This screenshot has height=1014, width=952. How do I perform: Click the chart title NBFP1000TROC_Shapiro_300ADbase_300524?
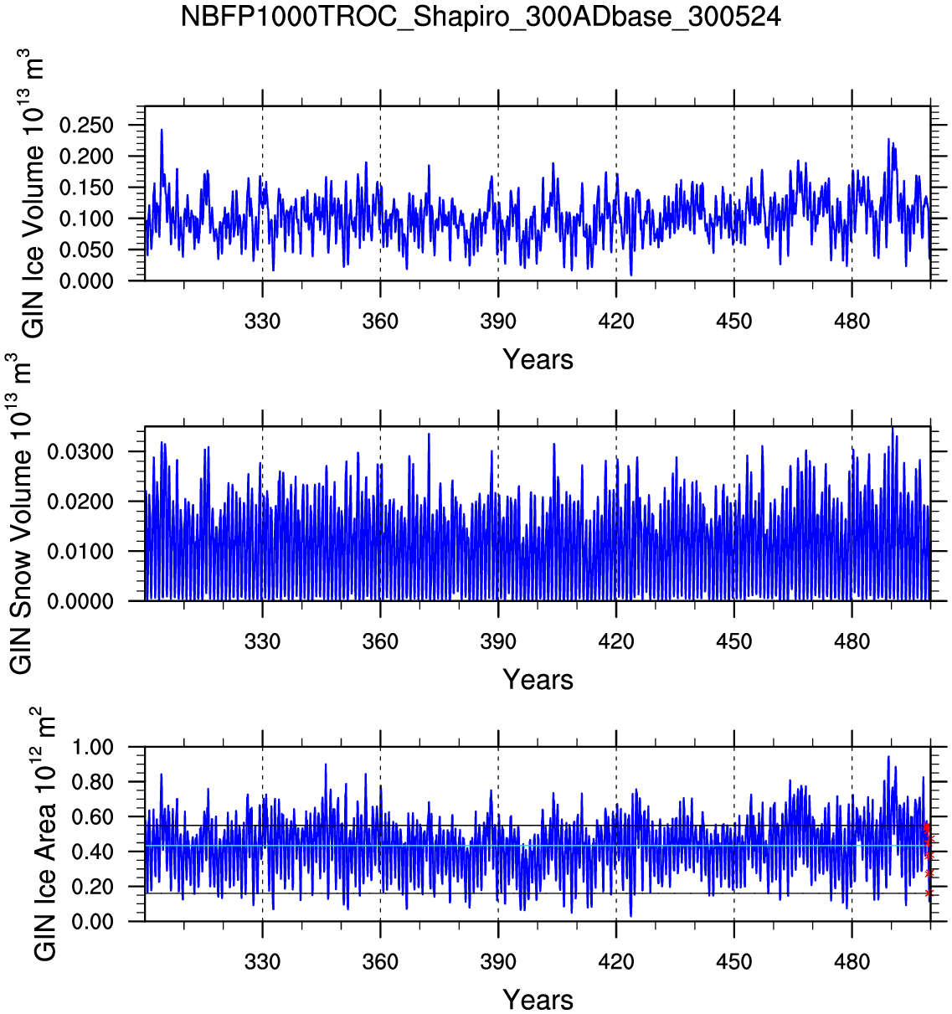pos(481,17)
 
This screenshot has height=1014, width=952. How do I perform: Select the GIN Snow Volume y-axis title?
pos(20,513)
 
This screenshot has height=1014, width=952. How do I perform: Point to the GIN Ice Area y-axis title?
pos(44,834)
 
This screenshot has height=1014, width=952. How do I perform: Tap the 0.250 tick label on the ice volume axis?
pos(86,126)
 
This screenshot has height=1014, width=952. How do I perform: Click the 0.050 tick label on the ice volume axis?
pos(86,250)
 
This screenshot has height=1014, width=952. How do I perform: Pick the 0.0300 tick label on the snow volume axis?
pos(80,452)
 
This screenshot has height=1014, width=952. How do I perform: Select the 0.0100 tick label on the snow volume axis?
pos(80,552)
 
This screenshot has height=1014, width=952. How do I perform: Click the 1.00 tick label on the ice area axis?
pos(92,748)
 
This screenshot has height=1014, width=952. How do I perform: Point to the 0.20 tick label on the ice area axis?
pos(92,887)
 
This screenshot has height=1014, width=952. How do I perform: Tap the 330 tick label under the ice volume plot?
pos(262,322)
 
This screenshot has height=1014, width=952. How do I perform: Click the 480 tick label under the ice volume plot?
pos(852,322)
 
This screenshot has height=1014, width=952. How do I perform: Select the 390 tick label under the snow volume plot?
pos(498,642)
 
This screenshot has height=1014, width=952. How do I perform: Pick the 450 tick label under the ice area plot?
pos(733,962)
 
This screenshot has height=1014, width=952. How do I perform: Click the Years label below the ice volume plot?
pos(538,360)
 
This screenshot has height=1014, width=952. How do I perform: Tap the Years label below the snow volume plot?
pos(538,680)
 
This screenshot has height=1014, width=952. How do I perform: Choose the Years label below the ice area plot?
pos(538,1000)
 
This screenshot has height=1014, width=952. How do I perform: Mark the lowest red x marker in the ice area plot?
pos(929,893)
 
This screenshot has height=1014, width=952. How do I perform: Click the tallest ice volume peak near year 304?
pos(162,131)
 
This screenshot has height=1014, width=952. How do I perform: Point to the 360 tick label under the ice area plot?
pos(380,962)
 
